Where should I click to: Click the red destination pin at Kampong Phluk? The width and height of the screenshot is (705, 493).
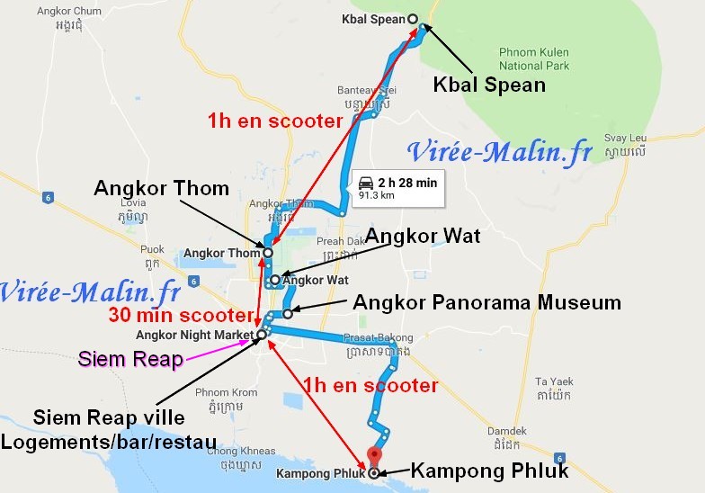[375, 456]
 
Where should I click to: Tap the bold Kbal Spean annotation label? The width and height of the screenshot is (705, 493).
[489, 85]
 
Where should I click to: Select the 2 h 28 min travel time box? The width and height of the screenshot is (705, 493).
[396, 187]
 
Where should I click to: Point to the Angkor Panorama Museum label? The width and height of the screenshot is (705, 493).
[486, 302]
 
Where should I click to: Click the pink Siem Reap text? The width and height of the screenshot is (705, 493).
[130, 360]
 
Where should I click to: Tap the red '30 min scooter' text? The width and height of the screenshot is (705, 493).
[178, 316]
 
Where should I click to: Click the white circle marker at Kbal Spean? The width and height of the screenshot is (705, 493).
[413, 19]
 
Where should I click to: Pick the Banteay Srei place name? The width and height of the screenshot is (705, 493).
[366, 91]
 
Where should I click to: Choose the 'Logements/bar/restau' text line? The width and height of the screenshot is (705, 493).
[108, 442]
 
